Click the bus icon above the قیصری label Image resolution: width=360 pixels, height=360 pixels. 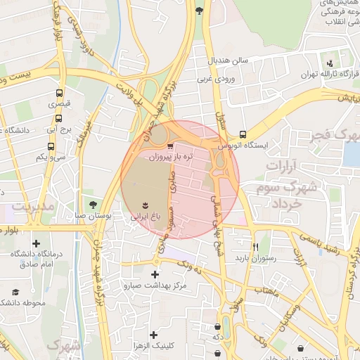coord(58,92)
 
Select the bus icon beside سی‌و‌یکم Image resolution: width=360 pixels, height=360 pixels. coord(51,146)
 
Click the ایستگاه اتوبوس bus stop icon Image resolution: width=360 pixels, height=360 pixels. coord(243,134)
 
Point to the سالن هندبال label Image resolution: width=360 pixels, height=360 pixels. coord(229,60)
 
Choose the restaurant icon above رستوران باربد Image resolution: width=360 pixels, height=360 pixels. coord(255,247)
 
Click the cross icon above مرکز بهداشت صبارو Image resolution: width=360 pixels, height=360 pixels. coord(155,274)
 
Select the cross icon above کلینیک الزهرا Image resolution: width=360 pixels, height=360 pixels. coord(153,335)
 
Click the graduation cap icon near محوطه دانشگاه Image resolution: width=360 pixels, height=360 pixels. coord(14,291)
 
